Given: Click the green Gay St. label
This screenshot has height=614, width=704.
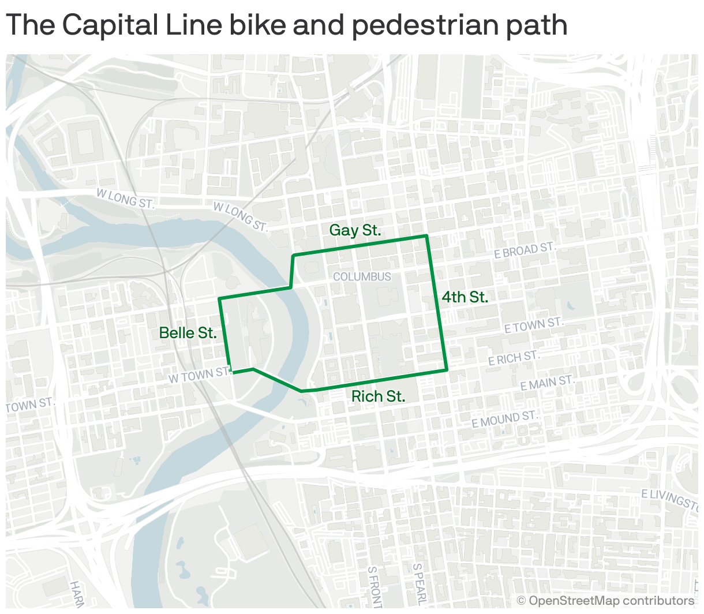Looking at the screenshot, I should tap(355, 230).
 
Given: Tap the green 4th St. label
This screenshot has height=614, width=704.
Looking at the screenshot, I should tap(465, 297).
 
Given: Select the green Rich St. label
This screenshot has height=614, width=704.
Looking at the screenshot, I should tap(378, 396).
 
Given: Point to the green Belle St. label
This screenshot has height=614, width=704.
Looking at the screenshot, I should tap(188, 333).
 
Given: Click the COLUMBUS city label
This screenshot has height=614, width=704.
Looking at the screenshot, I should tap(362, 277).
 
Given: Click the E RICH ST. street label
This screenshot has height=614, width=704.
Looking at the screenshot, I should tap(514, 358).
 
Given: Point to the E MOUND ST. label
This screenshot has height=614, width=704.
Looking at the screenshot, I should tap(504, 420).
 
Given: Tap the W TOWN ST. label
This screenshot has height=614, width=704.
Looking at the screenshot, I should tap(200, 376).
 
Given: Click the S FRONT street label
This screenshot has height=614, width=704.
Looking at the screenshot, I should tap(373, 586).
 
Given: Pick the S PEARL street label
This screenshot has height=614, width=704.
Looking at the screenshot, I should tap(420, 584).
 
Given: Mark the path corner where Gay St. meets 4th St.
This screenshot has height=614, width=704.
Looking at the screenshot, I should tap(426, 236).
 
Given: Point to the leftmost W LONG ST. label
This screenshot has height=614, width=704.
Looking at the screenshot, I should tap(126, 199).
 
